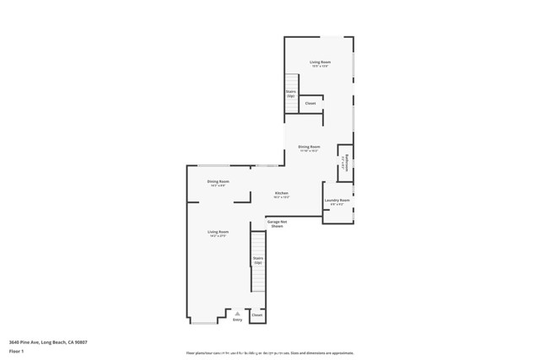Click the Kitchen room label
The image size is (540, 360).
point(282,193)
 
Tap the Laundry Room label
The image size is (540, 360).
point(337,200)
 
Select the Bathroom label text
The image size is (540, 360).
point(346,164)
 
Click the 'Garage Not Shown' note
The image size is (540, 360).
point(277,223)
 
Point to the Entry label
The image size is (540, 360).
point(237,320)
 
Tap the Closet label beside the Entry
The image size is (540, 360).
point(256,315)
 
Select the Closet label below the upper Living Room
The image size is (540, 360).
point(310,104)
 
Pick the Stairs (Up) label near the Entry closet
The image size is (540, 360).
point(258,261)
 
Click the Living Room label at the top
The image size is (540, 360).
point(320,62)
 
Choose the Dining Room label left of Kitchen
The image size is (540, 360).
point(219,181)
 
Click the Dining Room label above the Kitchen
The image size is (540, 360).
point(309,148)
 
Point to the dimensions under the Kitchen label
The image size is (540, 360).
point(282,197)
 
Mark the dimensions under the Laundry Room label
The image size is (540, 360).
point(337,204)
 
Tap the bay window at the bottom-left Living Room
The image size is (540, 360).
point(202,322)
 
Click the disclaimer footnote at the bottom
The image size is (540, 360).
point(269,353)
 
